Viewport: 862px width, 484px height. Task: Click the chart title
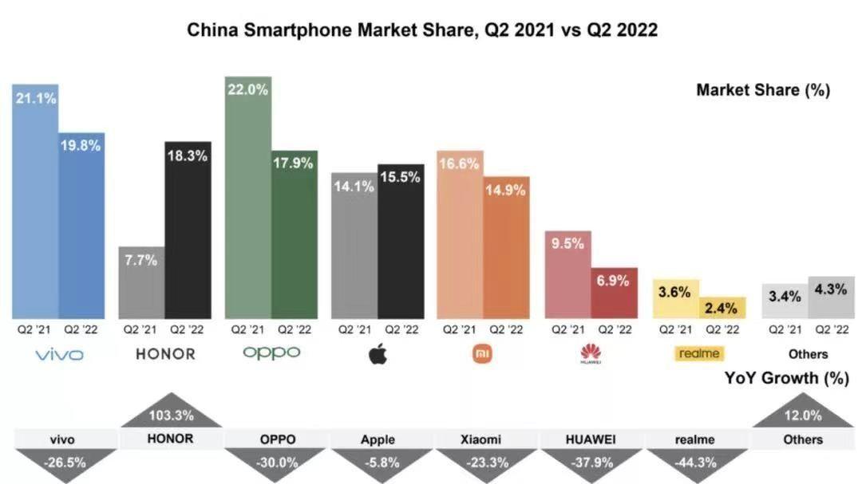[422, 30]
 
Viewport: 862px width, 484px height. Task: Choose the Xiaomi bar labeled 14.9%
[506, 247]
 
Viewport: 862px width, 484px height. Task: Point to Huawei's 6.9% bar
[614, 293]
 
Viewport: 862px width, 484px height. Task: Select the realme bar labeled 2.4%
[722, 308]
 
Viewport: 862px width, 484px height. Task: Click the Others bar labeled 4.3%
[831, 297]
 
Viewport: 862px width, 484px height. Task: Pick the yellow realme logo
[699, 353]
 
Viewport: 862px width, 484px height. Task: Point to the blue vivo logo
[58, 354]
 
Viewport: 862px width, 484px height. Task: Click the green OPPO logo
[271, 352]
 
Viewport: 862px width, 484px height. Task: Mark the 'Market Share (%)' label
[763, 89]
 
